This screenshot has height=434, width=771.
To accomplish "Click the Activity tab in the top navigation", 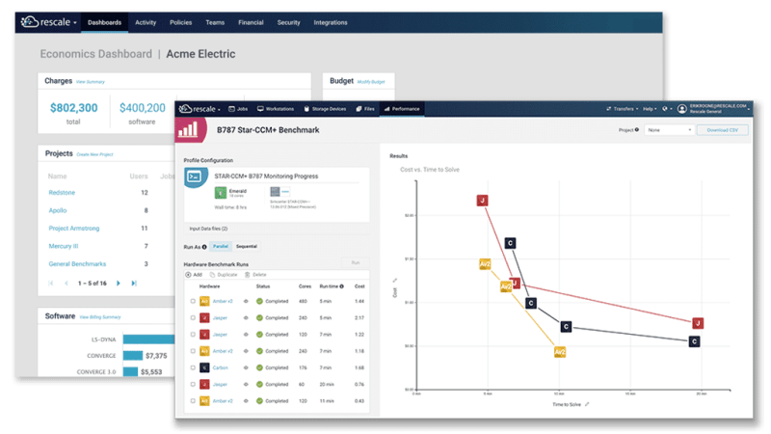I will coord(146,21).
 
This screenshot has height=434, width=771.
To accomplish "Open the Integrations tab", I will coord(331,21).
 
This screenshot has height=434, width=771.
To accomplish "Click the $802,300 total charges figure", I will coord(74,108).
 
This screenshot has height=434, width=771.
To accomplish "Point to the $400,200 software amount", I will coord(142,108).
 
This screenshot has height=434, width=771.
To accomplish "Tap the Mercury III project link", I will coord(66,246).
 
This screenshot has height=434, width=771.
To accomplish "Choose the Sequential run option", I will coord(247,247).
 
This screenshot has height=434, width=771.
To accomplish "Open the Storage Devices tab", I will coord(332,109).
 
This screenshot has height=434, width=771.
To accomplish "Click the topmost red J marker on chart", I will coord(482,201).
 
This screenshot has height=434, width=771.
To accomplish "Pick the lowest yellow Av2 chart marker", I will coord(560,352).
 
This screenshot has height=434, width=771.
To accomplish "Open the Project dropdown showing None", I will coord(670,129).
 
